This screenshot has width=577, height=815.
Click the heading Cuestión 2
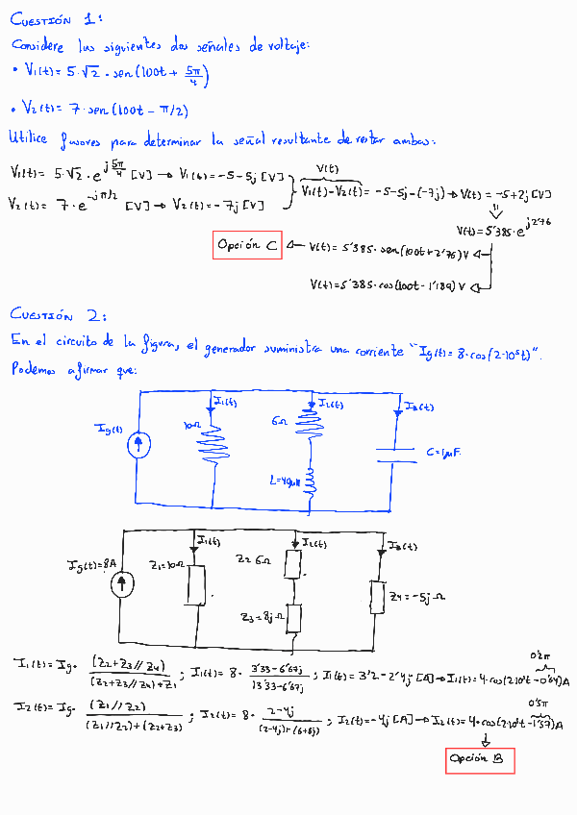[56, 313]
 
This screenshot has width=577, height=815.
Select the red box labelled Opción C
[247, 246]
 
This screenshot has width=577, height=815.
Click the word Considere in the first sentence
[43, 45]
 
